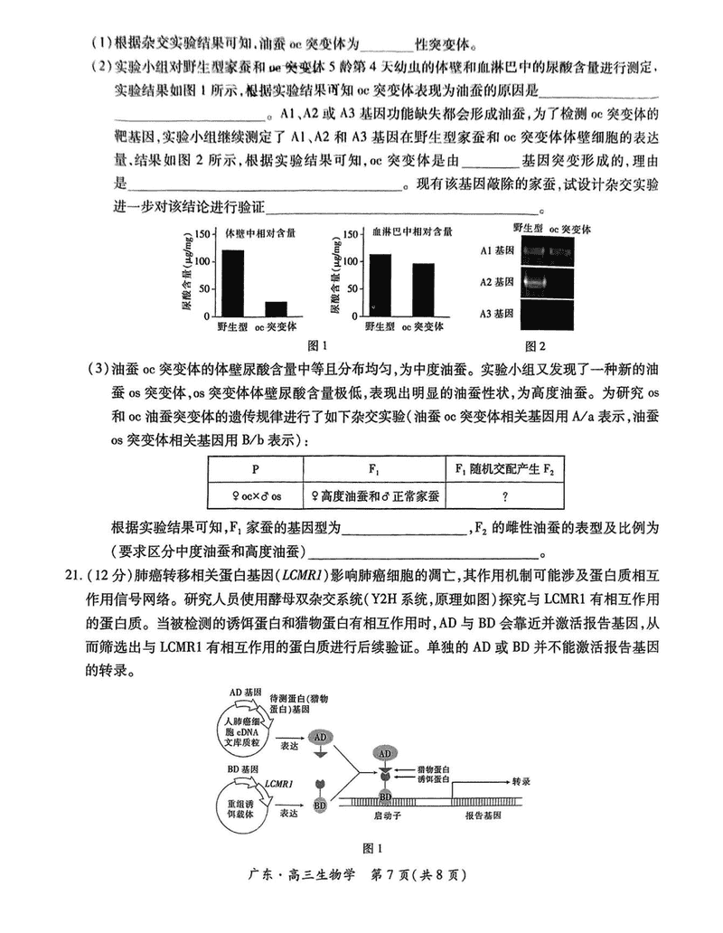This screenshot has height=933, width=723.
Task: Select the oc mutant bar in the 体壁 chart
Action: (x=277, y=306)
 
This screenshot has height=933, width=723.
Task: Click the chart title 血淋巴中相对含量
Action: (x=413, y=231)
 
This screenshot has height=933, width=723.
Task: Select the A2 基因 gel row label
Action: (x=496, y=282)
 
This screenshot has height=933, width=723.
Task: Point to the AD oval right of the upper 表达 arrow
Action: (x=320, y=737)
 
